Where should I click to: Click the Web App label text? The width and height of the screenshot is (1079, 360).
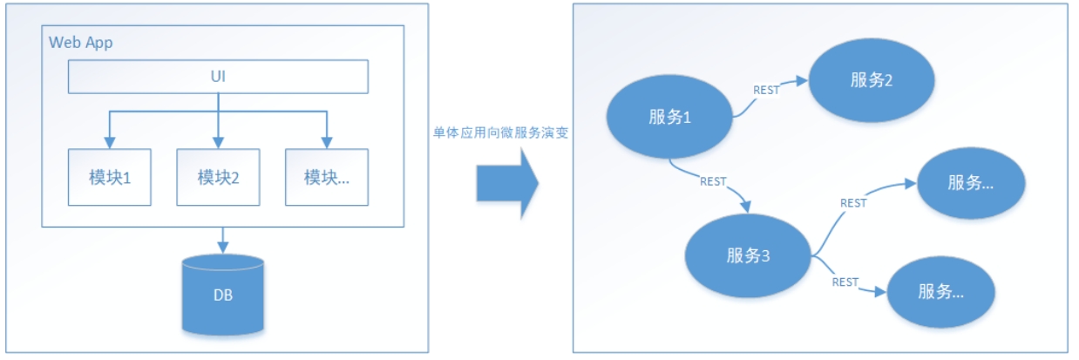point(81,43)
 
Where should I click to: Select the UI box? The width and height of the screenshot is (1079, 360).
point(218,77)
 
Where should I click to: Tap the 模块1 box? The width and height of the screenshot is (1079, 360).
point(109,177)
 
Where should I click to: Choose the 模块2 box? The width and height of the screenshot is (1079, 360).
point(218,177)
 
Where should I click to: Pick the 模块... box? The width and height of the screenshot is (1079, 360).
point(326,177)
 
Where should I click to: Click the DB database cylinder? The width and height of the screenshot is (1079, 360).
point(223,294)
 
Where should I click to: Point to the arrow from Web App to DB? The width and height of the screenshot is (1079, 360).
point(223,239)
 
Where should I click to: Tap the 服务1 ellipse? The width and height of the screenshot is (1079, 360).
point(669,118)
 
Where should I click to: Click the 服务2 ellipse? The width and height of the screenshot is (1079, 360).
point(872,79)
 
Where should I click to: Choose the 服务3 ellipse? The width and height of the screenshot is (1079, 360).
point(748,256)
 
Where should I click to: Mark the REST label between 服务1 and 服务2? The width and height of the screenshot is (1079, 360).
point(766,90)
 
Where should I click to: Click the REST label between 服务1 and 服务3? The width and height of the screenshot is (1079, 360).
point(713,182)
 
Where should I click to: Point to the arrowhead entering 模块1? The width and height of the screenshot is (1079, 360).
point(109,142)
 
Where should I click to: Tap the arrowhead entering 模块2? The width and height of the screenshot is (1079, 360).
point(218,142)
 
